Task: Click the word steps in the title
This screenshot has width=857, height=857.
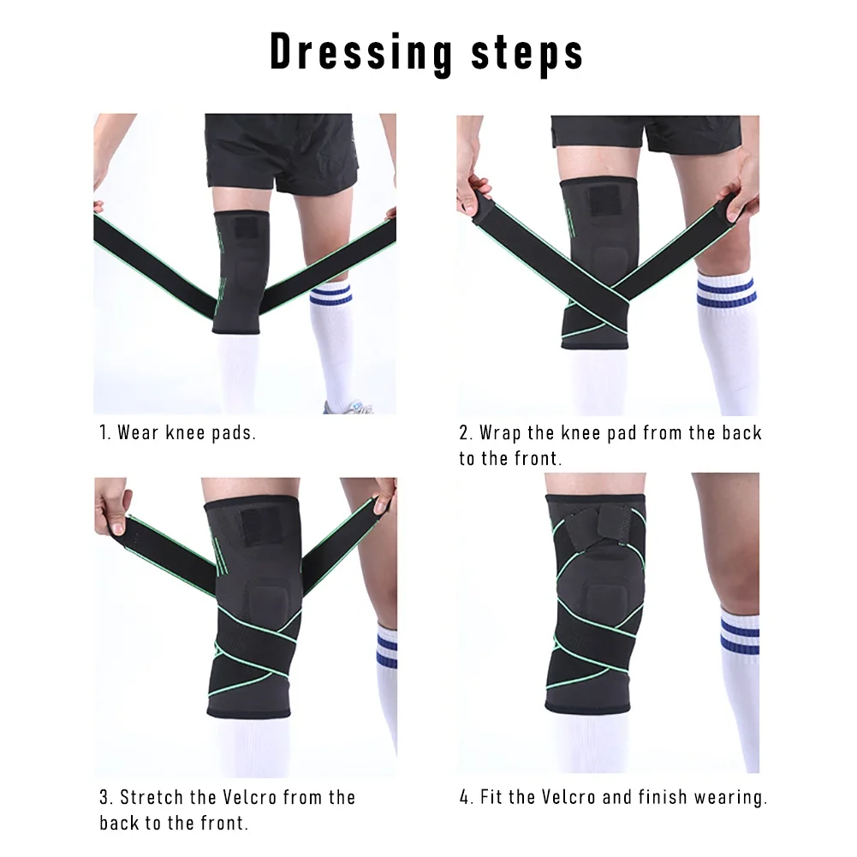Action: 527,53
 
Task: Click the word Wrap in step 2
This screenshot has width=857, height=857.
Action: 501,432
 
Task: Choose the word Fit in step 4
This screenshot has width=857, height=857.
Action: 491,798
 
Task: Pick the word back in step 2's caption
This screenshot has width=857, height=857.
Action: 741,432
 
